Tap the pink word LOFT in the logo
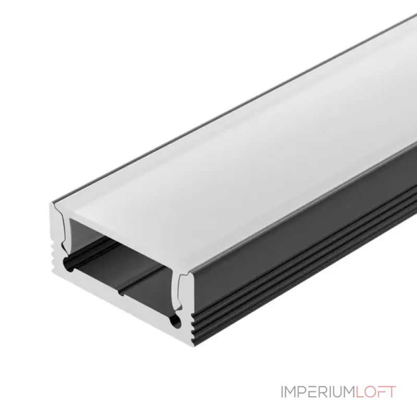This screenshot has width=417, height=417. tap(376, 392)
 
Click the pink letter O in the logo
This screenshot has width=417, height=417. tap(370, 392)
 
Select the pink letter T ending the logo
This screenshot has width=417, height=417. tap(391, 392)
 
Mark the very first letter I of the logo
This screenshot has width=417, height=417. tap(283, 392)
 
